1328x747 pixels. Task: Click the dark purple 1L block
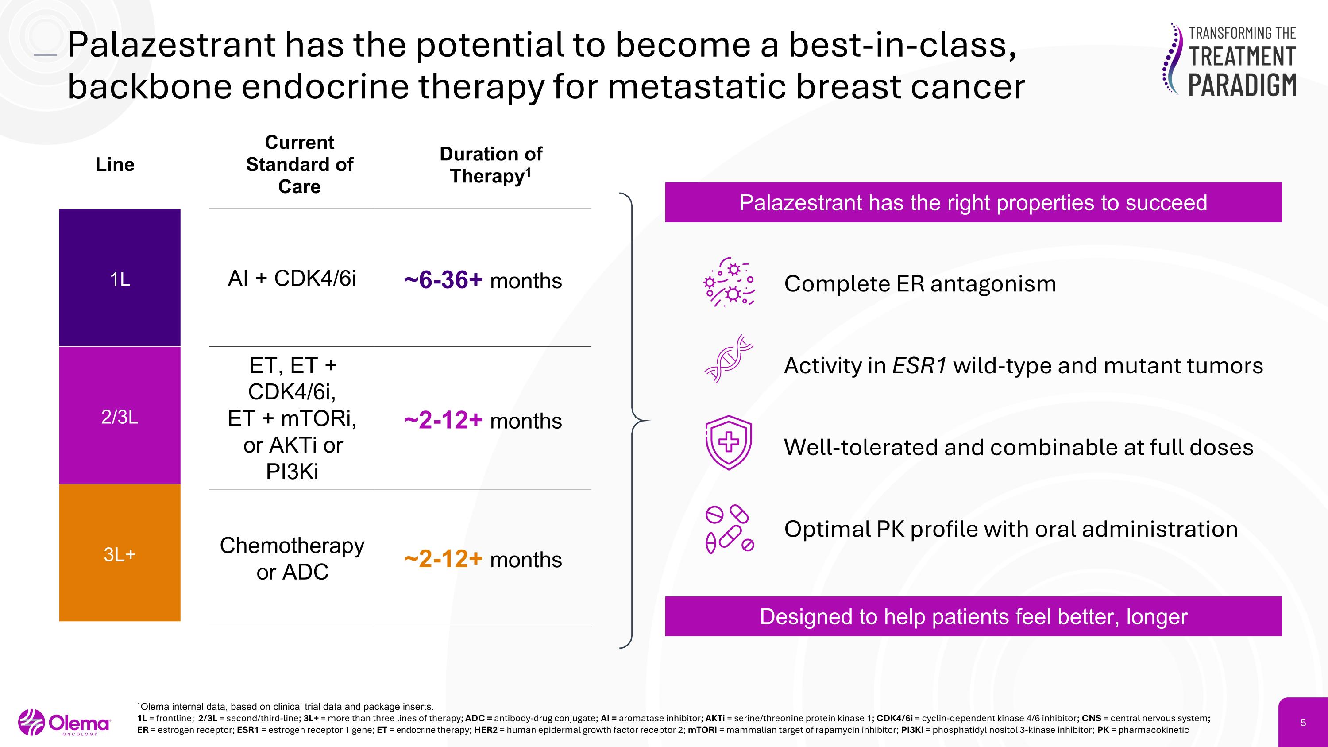(120, 279)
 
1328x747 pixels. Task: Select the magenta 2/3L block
(120, 415)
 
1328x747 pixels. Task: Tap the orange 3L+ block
(120, 553)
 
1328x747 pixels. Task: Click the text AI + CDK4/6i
(292, 279)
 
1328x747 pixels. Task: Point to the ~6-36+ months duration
(483, 280)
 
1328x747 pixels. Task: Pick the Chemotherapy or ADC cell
(292, 558)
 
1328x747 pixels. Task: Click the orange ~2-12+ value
(444, 559)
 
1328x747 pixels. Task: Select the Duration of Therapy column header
(490, 164)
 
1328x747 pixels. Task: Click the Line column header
(115, 164)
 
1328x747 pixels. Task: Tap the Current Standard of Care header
(300, 164)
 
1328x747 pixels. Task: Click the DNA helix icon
(729, 359)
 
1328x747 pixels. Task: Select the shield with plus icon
(729, 442)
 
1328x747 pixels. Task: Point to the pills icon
(729, 529)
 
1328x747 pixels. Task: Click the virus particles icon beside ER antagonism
(729, 282)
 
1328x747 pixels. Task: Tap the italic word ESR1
(919, 365)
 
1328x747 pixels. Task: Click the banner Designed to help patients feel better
(973, 616)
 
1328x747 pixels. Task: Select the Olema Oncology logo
(65, 723)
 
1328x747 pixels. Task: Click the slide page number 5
(1303, 723)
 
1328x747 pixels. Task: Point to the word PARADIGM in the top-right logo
(1243, 85)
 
